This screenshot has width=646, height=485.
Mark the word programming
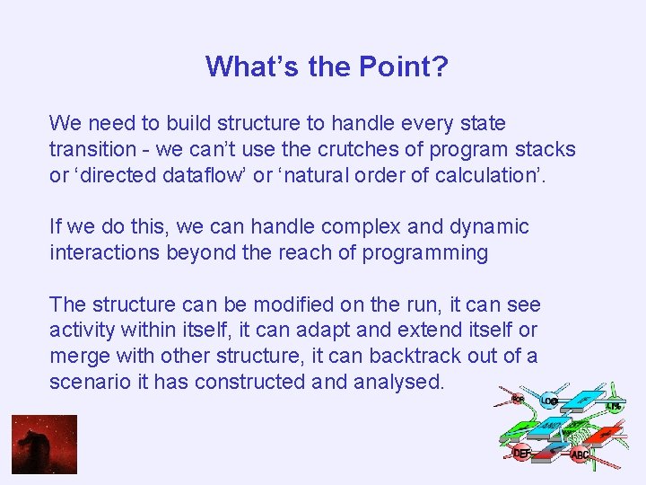tap(425, 253)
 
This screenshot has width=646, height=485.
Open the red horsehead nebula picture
tap(44, 444)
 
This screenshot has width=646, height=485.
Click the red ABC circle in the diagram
tap(581, 454)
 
